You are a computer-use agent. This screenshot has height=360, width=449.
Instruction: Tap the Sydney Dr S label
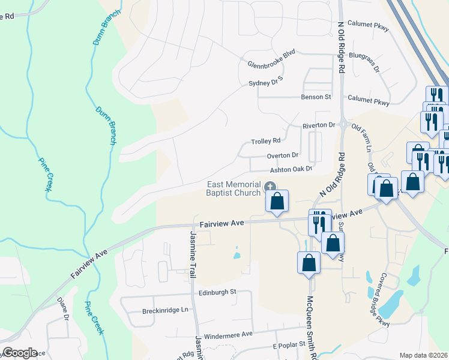(x=265, y=83)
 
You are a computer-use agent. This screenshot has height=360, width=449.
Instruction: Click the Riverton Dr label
(x=318, y=125)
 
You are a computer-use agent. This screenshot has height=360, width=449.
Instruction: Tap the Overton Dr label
(x=283, y=155)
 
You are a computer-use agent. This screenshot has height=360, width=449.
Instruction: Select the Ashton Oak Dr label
(x=292, y=169)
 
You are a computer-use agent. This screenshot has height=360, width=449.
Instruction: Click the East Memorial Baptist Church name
(x=234, y=188)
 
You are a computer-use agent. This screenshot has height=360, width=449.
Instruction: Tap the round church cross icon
(x=270, y=188)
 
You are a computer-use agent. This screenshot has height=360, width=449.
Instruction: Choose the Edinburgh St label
(x=217, y=292)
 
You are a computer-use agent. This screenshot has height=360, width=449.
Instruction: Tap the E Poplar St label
(x=289, y=347)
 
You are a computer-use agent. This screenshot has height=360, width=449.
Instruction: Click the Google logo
(x=19, y=353)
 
